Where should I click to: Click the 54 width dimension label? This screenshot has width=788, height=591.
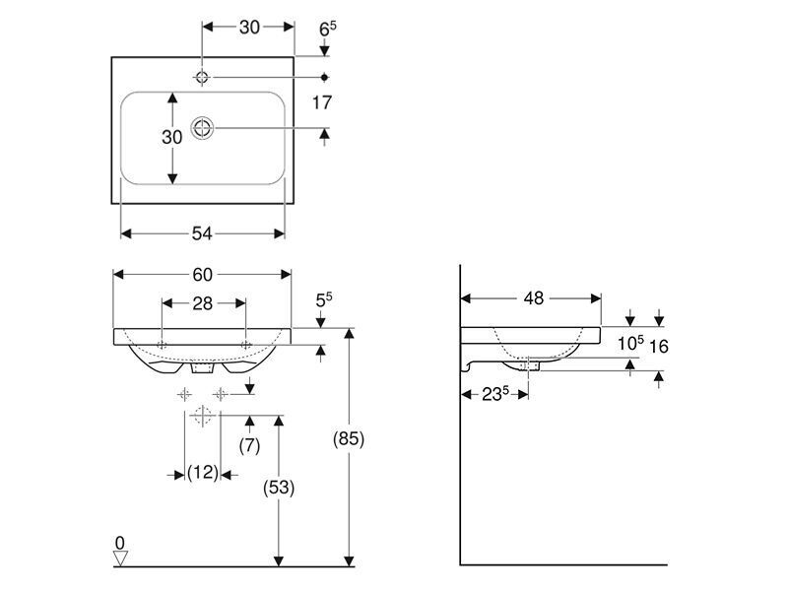coord(202,233)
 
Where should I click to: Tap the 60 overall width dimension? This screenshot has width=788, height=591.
coord(203,275)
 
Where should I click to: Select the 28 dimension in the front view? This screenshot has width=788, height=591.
coord(203,303)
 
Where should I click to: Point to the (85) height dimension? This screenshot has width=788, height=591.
coord(349,438)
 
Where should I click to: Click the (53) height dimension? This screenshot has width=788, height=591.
coord(279,487)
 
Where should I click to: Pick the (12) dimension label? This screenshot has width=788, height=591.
coord(203,473)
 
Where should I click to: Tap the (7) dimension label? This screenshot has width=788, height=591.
coord(249,445)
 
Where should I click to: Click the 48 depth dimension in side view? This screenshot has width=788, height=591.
coord(534,298)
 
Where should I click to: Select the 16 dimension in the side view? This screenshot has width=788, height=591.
coord(658,346)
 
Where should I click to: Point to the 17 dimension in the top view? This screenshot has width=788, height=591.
coord(322,102)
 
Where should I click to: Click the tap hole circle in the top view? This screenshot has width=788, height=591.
coord(202,78)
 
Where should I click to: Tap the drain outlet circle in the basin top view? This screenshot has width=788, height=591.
coord(202,128)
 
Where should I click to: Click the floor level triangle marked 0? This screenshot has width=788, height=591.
coord(120,558)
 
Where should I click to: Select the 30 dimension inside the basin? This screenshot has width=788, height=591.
coord(171,137)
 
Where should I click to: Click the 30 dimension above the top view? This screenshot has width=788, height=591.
coord(249,28)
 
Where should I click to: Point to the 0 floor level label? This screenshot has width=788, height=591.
coord(119,543)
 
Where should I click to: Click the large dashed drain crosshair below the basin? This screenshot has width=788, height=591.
coord(202,416)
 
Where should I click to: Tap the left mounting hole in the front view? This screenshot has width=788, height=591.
coord(162,346)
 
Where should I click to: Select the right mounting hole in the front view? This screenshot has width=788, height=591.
coord(245,346)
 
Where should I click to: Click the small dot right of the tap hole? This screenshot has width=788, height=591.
coord(325,78)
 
